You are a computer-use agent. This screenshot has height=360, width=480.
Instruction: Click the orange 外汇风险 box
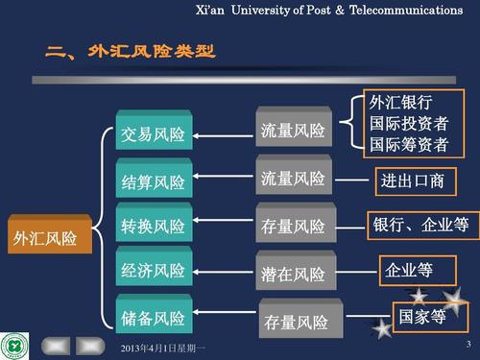pyautogui.click(x=44, y=237)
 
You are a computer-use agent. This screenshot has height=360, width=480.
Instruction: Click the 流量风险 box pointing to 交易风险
pyautogui.click(x=294, y=131)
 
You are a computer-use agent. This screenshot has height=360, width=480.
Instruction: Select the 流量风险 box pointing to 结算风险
pyautogui.click(x=294, y=179)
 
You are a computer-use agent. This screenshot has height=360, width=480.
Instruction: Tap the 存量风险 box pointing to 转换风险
pyautogui.click(x=294, y=227)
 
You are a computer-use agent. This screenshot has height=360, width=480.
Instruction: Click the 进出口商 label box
pyautogui.click(x=412, y=180)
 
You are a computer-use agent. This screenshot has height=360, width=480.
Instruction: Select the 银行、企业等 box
pyautogui.click(x=420, y=225)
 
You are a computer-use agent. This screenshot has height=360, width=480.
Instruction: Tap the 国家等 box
pyautogui.click(x=421, y=314)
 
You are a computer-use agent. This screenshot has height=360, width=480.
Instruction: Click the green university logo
pyautogui.click(x=16, y=343)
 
